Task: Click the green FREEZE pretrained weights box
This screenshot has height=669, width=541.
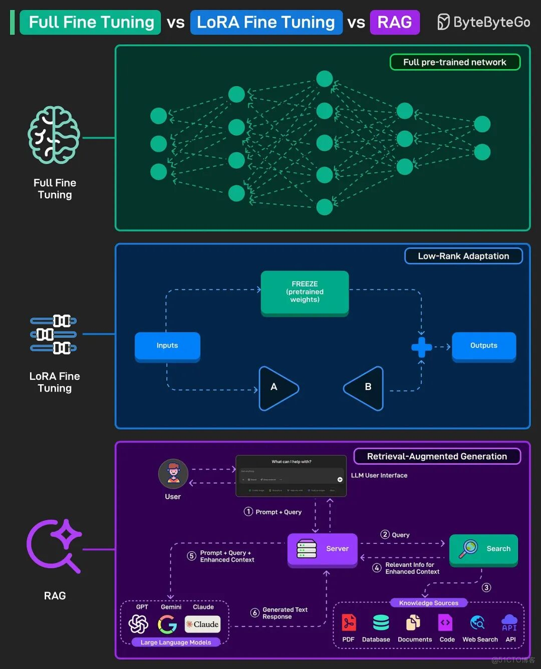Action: pyautogui.click(x=305, y=292)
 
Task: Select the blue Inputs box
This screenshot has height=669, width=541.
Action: pyautogui.click(x=167, y=346)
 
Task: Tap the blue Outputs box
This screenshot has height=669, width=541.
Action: pyautogui.click(x=484, y=346)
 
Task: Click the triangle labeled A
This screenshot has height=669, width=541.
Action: pyautogui.click(x=277, y=388)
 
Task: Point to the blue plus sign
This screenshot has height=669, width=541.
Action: pyautogui.click(x=421, y=347)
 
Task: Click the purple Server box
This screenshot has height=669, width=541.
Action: pyautogui.click(x=323, y=549)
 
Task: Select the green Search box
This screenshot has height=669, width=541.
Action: pyautogui.click(x=483, y=549)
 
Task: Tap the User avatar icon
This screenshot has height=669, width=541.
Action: pyautogui.click(x=173, y=474)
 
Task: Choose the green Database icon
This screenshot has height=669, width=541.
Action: pyautogui.click(x=381, y=622)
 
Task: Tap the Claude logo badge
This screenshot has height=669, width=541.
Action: pyautogui.click(x=202, y=624)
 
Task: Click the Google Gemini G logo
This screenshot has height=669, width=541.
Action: pyautogui.click(x=167, y=624)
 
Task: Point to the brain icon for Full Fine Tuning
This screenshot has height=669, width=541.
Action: pyautogui.click(x=54, y=135)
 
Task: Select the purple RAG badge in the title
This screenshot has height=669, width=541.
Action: pyautogui.click(x=395, y=22)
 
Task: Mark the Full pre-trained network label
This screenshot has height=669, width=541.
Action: pyautogui.click(x=455, y=62)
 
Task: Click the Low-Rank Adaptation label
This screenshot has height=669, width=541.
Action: pyautogui.click(x=463, y=256)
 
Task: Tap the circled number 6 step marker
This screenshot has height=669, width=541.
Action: pyautogui.click(x=255, y=612)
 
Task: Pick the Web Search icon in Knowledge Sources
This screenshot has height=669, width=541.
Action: pyautogui.click(x=478, y=622)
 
